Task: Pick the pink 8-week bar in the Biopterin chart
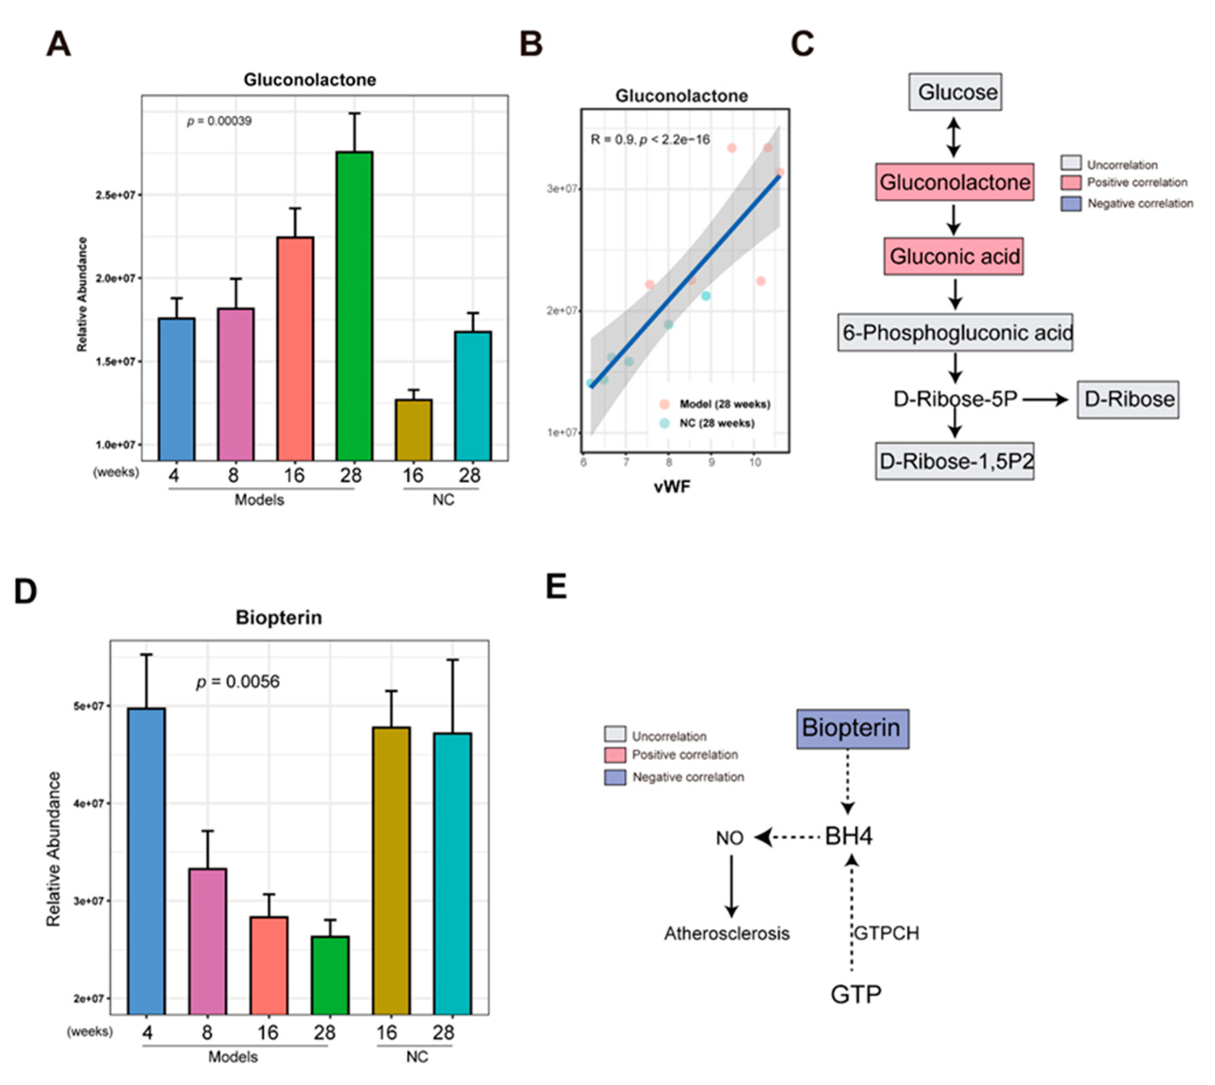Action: point(208,941)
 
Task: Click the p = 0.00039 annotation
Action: point(219,121)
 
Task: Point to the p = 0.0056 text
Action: point(238,682)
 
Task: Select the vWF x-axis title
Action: point(672,487)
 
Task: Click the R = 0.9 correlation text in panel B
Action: point(649,140)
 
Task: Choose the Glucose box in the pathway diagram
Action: point(955,92)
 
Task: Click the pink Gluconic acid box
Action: point(953,256)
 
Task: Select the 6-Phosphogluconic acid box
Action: point(955,333)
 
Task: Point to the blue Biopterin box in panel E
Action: point(852,729)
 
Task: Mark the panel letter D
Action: point(26,591)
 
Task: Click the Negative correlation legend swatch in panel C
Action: point(1071,204)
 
